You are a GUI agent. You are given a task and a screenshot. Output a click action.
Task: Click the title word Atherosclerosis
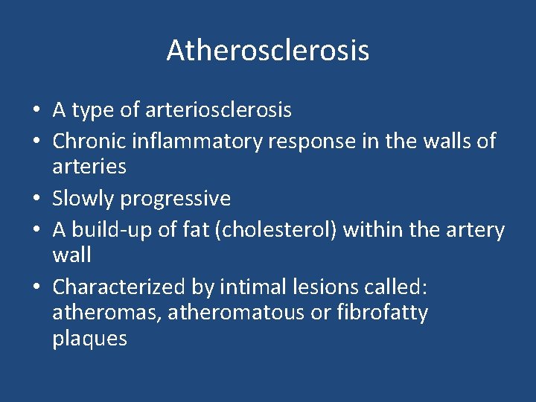pos(268,51)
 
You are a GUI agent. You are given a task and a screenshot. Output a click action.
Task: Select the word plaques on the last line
pos(89,339)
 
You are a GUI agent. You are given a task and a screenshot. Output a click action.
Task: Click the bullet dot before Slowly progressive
pos(36,200)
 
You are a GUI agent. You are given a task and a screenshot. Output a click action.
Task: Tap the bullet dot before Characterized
pos(36,287)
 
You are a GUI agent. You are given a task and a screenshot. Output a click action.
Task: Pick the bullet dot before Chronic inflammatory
pos(36,141)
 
